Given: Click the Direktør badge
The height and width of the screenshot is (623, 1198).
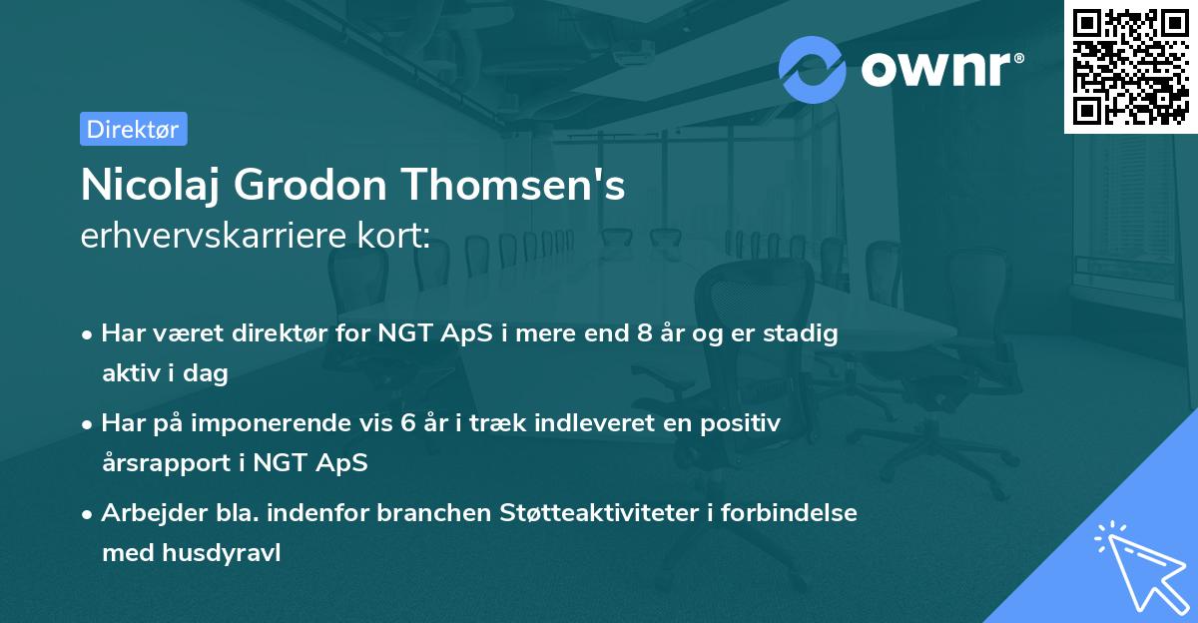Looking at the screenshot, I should coord(133,130).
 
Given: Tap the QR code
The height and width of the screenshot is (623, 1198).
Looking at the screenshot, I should coord(1131,66).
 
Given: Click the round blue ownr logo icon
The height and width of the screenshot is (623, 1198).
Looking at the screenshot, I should coord(813,69).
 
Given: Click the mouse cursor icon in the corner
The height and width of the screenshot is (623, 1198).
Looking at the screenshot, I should coord(1137,564).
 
